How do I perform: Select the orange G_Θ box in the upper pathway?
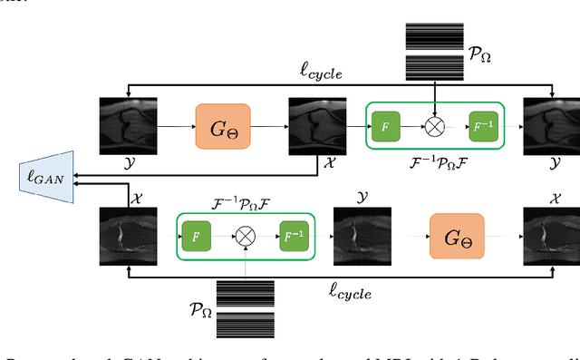pyautogui.click(x=223, y=127)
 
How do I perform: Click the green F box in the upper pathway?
pyautogui.click(x=385, y=127)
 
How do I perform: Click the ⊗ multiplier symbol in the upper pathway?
pyautogui.click(x=435, y=127)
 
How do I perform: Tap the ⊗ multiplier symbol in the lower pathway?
pyautogui.click(x=246, y=237)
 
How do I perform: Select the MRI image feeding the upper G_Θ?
pyautogui.click(x=127, y=126)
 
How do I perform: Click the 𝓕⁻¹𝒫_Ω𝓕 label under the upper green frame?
pyautogui.click(x=434, y=167)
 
